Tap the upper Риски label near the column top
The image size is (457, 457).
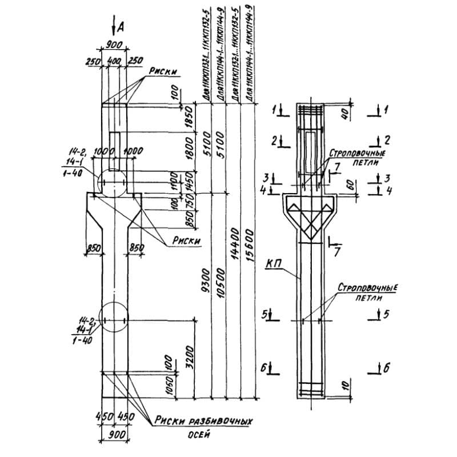tap(162, 71)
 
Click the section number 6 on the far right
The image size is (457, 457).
tap(386, 368)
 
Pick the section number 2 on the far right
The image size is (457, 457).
tap(387, 139)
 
